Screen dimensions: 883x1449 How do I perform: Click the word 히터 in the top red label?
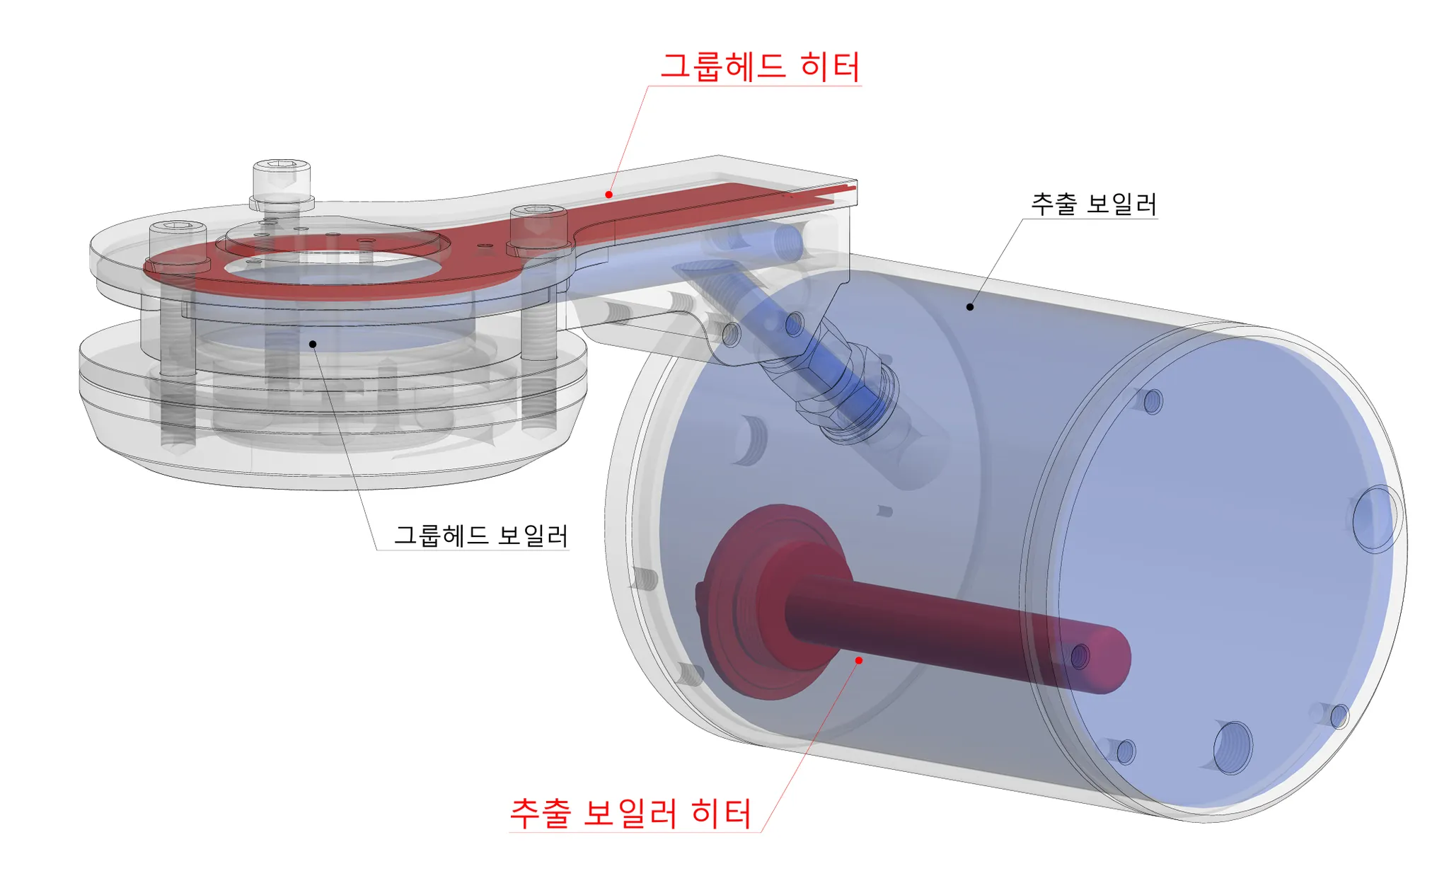point(830,67)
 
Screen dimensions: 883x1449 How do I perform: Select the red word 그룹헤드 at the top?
point(722,67)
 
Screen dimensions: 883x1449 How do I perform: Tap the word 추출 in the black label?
point(1053,204)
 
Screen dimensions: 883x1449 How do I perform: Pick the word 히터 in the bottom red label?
point(721,813)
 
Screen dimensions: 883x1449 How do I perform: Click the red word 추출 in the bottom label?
point(541,813)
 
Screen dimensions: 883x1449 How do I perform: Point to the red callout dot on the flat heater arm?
point(608,195)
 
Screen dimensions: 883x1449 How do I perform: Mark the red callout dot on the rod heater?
point(858,660)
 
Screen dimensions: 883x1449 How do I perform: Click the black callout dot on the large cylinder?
point(970,307)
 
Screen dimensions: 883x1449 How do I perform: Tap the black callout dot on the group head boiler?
point(313,344)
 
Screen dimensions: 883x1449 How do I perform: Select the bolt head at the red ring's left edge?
point(178,230)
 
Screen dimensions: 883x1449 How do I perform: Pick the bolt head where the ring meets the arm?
point(538,214)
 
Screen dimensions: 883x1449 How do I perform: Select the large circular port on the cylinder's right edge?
point(1375,519)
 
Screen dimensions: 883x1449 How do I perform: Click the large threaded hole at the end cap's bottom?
point(1232,747)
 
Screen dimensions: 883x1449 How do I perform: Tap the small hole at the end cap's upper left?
point(1153,401)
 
